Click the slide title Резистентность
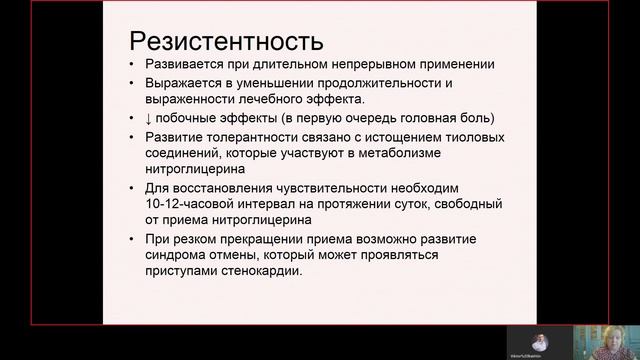pos(227,42)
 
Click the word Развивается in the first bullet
pos(184,65)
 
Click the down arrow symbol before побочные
pos(148,118)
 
